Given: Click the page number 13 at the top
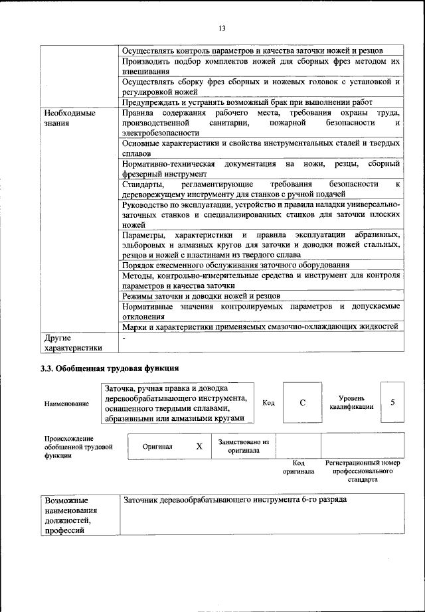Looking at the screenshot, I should tap(222, 27).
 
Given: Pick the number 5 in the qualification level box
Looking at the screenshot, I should tap(392, 402).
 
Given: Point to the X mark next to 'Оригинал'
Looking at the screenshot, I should tap(199, 446).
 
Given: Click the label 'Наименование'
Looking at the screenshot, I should tap(66, 404).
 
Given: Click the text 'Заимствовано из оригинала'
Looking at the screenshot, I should tap(243, 445).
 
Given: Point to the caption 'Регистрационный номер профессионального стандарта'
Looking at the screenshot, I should tap(362, 470).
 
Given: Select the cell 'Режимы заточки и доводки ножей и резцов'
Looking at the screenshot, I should tap(201, 295).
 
